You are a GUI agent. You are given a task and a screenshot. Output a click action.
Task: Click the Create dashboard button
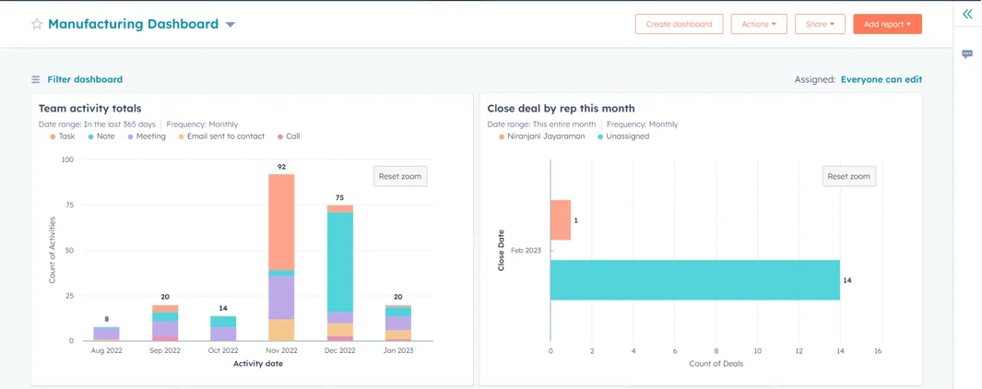click(x=679, y=24)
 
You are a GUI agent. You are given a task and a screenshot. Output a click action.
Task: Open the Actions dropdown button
click(x=759, y=24)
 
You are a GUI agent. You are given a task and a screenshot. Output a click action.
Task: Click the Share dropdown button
click(x=820, y=24)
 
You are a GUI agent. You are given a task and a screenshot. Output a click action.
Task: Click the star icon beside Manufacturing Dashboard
click(x=37, y=24)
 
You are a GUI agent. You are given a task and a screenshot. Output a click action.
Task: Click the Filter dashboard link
click(x=84, y=79)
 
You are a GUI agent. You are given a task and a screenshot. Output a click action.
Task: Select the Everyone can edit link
click(x=881, y=79)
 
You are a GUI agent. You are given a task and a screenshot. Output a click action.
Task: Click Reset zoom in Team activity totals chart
click(x=400, y=176)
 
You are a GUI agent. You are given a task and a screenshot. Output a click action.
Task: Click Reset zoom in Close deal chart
click(x=848, y=176)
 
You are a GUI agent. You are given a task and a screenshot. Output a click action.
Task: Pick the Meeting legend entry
click(x=150, y=136)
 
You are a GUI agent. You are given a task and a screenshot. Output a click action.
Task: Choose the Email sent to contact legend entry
click(x=225, y=136)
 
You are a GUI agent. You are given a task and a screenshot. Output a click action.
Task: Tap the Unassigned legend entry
click(x=627, y=136)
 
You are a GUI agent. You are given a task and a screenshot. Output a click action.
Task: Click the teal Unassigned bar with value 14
click(x=694, y=280)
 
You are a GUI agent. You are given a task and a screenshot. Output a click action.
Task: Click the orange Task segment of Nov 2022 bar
click(x=281, y=221)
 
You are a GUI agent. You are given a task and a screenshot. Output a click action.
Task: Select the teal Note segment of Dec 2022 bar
click(x=340, y=262)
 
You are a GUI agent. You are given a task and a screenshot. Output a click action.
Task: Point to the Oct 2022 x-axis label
click(x=223, y=350)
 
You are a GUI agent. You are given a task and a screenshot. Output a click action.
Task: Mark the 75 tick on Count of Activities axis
click(x=67, y=206)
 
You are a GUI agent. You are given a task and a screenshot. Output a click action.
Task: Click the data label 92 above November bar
click(x=281, y=167)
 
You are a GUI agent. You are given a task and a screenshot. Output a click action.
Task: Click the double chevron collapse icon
click(x=967, y=14)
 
